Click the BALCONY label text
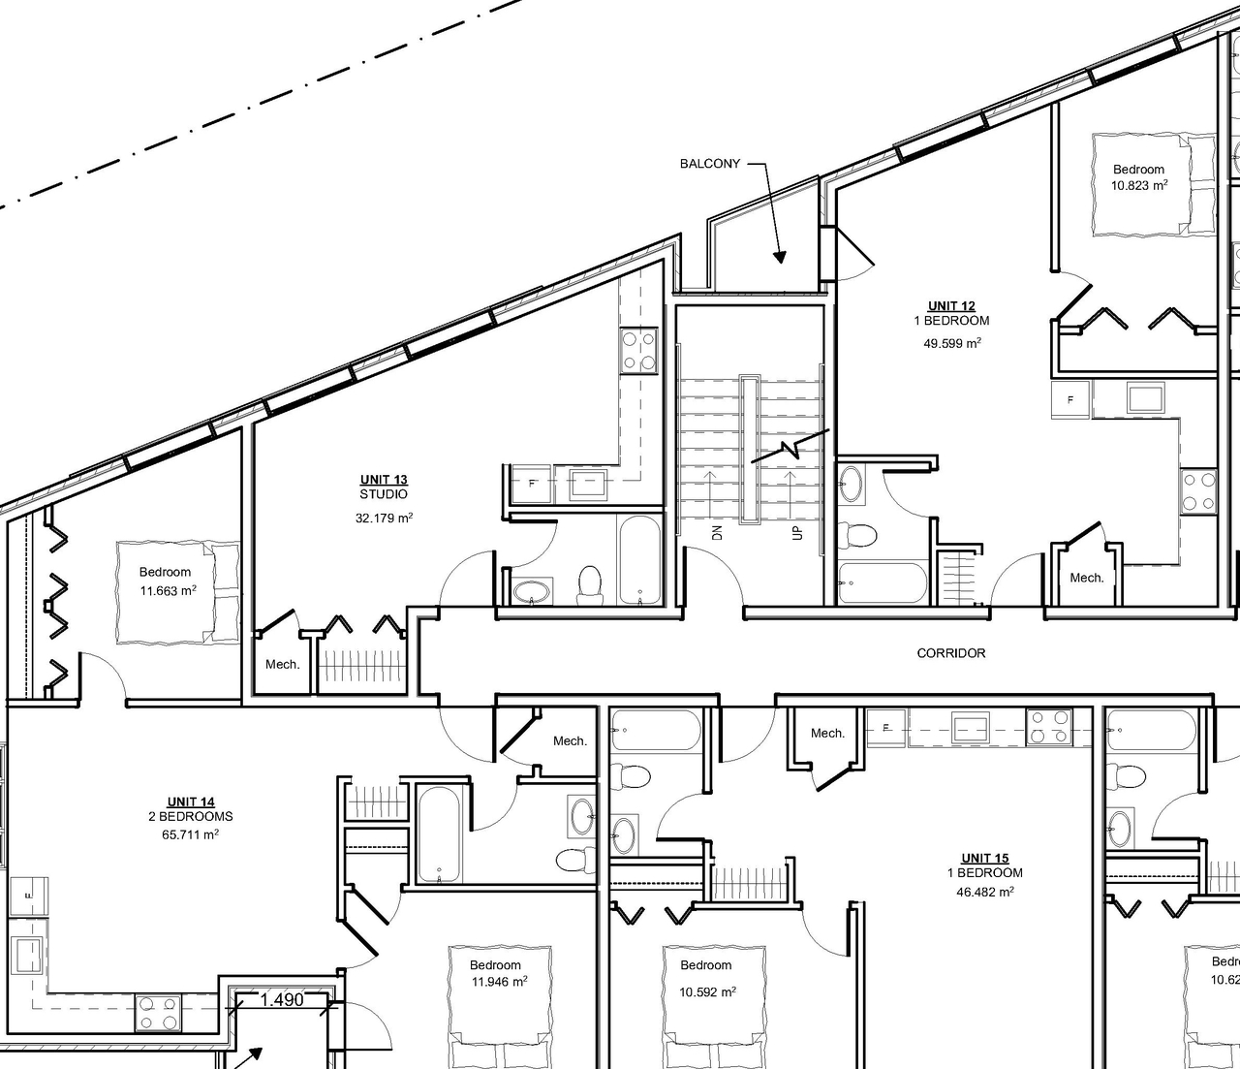[x=709, y=164]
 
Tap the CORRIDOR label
[x=950, y=653]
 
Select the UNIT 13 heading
[x=384, y=480]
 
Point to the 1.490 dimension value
[x=284, y=1000]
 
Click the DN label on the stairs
[x=718, y=532]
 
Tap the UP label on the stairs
[x=797, y=532]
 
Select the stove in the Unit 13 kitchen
[x=639, y=351]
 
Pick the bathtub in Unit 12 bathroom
[x=882, y=582]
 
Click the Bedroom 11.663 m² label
[x=166, y=582]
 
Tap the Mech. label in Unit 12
[x=1086, y=578]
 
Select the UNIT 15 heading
[x=984, y=858]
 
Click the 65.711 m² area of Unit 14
[x=190, y=833]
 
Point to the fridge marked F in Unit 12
[x=1070, y=399]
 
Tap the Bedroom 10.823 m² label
[x=1138, y=177]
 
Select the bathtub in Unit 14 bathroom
[x=442, y=833]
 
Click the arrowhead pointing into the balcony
[x=778, y=257]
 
